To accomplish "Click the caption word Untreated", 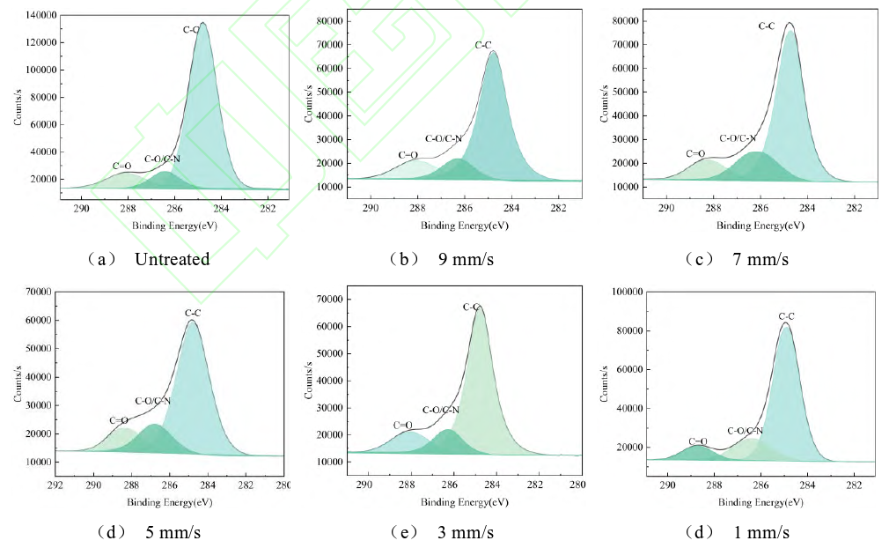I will click(x=173, y=259).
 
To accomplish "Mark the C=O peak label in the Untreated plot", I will click(x=122, y=166).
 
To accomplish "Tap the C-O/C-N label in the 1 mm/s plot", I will click(x=745, y=431).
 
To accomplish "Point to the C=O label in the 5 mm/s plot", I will click(x=119, y=420).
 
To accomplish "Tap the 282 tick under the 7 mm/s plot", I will click(x=853, y=209).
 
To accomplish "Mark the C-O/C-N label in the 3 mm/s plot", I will click(x=441, y=410).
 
